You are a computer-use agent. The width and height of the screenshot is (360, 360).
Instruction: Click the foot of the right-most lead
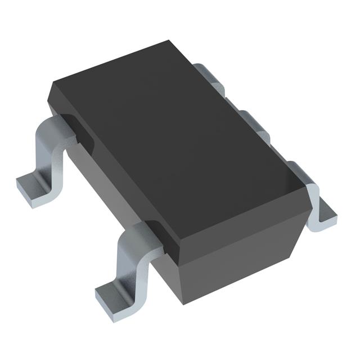click(325, 217)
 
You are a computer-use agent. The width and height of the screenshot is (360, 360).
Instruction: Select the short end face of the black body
click(247, 247)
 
